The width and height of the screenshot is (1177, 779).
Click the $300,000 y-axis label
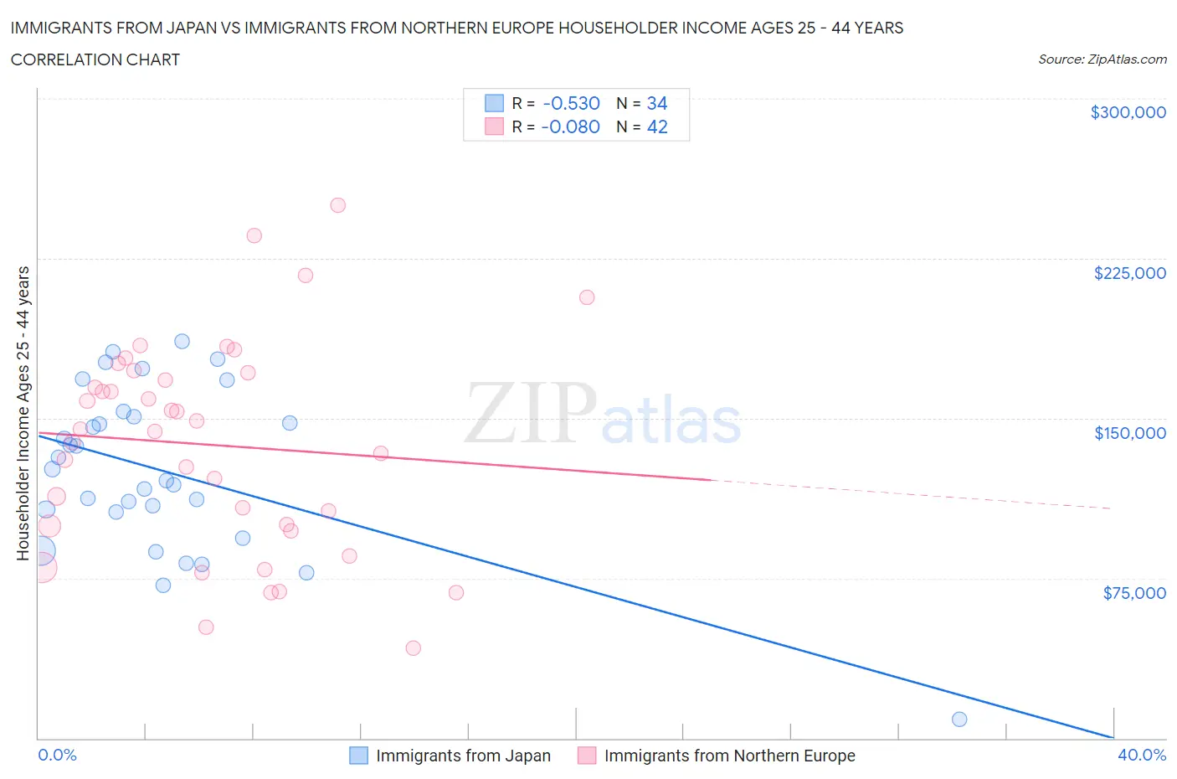[1128, 113]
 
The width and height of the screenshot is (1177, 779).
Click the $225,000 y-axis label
[1129, 273]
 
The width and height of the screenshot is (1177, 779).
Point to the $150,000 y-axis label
[1129, 433]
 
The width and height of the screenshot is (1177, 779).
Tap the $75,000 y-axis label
[1134, 593]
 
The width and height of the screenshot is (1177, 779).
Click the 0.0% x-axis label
[57, 755]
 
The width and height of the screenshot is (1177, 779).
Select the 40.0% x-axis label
[1142, 755]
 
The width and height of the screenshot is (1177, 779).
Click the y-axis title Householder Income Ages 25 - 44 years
[23, 413]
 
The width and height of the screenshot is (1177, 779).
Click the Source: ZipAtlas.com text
[1102, 59]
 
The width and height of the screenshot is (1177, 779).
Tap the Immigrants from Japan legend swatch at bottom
[358, 756]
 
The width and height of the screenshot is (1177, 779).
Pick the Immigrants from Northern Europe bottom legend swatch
[587, 756]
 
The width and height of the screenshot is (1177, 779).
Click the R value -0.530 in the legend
[571, 104]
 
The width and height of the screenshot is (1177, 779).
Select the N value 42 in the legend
[657, 127]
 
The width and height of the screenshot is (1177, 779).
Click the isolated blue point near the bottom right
[959, 720]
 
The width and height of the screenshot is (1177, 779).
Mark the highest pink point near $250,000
[338, 205]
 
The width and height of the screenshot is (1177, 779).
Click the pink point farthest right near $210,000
[587, 297]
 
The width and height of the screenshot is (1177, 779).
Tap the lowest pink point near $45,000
[413, 647]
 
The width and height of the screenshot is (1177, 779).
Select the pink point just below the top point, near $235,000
[254, 235]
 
